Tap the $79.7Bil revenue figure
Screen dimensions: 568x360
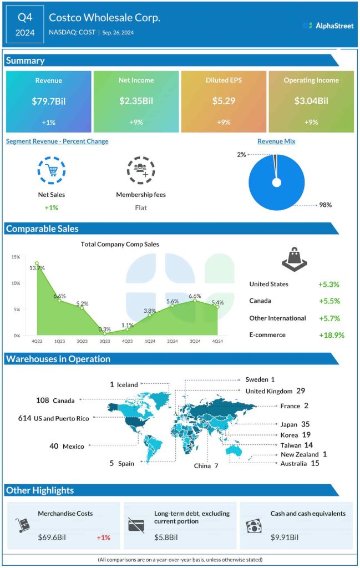coord(48,102)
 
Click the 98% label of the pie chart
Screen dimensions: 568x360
coord(325,205)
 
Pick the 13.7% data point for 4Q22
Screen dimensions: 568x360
coord(37,263)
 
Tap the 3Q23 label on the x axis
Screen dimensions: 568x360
coord(104,342)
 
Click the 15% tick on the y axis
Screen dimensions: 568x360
coord(15,257)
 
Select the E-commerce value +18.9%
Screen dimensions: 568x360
coord(331,335)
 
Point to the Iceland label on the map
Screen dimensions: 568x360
coord(127,384)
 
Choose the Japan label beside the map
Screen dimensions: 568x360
coord(289,424)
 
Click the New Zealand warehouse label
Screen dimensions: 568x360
coord(300,454)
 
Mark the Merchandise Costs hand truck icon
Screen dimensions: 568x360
coord(22,525)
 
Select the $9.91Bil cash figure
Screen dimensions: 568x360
coord(285,537)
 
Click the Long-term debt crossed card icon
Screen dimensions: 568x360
coord(136,525)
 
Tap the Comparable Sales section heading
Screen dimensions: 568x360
coord(42,229)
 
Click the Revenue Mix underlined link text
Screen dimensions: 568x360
coord(276,141)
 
